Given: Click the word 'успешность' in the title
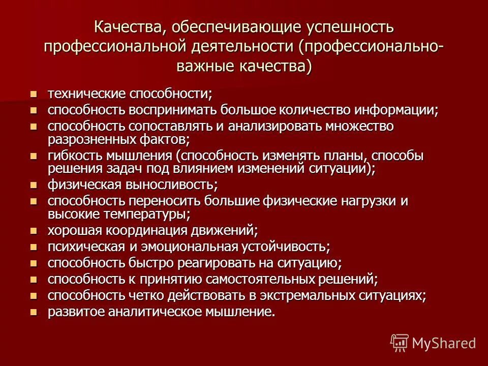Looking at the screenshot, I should [x=346, y=27].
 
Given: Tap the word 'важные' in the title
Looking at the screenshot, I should [x=203, y=66].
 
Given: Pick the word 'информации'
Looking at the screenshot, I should [x=394, y=110].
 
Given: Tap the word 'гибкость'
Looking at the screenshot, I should [x=72, y=156].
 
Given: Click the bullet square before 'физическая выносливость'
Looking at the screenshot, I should [x=34, y=185].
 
